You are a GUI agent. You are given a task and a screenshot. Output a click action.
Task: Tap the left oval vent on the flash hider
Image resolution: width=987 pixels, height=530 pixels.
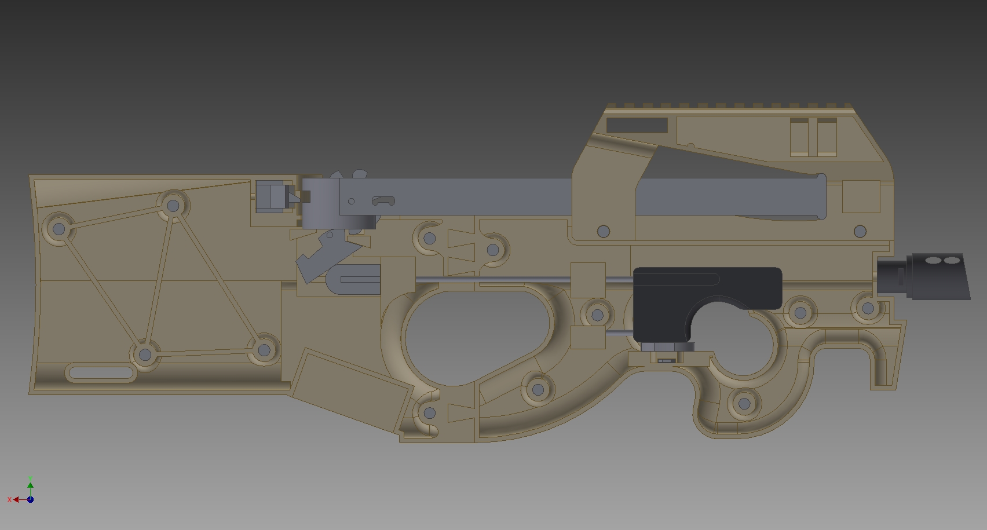[x=933, y=261]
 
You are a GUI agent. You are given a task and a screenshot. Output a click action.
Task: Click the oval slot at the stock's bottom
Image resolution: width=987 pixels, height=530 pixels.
[x=101, y=372]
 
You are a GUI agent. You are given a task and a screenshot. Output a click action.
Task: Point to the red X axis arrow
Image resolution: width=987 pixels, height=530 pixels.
[x=16, y=499]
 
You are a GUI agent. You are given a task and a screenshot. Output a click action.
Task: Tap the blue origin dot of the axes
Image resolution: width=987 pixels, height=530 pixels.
[x=30, y=499]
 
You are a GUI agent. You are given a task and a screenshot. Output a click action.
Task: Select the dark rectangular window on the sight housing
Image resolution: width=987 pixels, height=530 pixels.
[x=637, y=125]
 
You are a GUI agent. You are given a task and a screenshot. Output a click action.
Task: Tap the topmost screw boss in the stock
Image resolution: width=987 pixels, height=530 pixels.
[x=173, y=205]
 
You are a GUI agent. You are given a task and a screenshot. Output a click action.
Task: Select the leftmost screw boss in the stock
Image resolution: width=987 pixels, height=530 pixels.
[x=59, y=229]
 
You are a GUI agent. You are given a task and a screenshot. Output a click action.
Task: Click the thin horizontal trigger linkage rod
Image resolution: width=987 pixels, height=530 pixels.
[x=492, y=280]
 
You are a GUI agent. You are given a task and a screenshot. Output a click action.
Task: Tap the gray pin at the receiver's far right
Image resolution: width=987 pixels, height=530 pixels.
[x=860, y=232]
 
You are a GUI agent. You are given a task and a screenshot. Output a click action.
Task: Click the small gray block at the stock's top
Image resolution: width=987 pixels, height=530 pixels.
[x=270, y=196]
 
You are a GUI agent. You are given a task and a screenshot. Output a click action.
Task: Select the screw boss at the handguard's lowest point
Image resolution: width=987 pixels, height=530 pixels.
[x=744, y=404]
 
